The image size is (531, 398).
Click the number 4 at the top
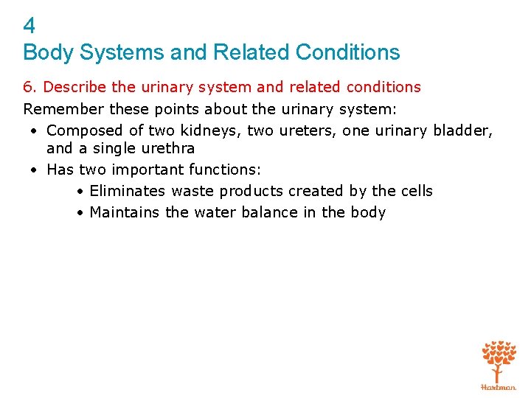click(29, 27)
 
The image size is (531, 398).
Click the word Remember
click(63, 109)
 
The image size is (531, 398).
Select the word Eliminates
click(128, 191)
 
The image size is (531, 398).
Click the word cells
click(416, 191)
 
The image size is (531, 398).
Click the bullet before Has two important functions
click(35, 170)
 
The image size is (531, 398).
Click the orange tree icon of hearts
click(499, 360)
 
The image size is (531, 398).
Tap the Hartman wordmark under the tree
click(499, 386)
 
